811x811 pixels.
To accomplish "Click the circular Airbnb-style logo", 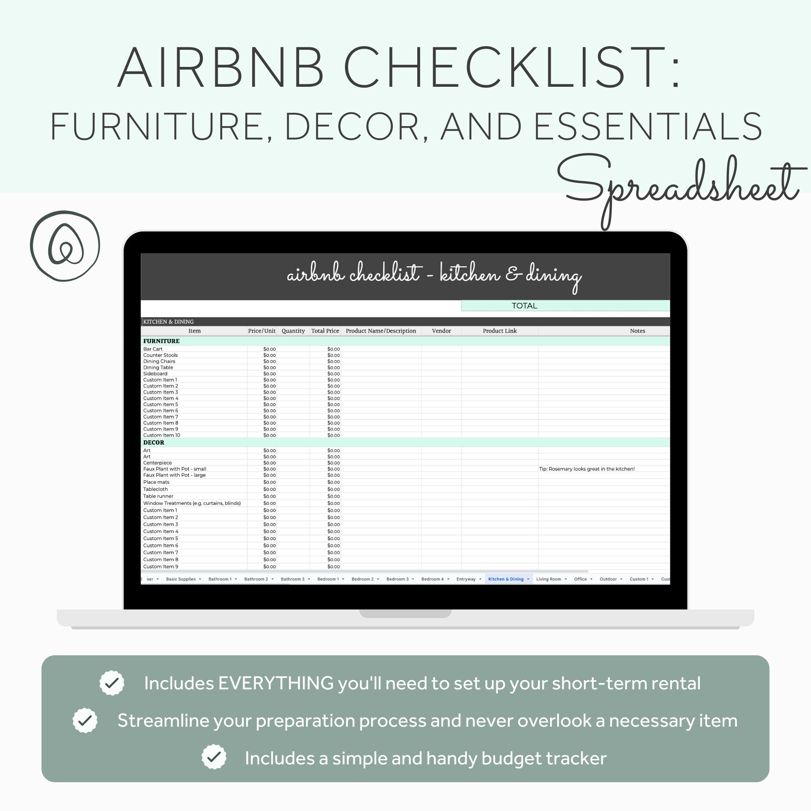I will tap(65, 246).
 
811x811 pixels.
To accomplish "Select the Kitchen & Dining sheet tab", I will tap(506, 579).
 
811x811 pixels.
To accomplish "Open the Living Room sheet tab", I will tap(549, 579).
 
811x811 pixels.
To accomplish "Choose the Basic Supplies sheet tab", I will tap(181, 579).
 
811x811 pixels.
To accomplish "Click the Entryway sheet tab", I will tap(466, 579).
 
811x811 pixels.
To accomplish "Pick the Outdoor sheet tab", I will tap(608, 579).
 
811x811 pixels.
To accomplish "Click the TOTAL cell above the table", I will tap(524, 306).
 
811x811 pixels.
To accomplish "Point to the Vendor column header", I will tap(441, 331).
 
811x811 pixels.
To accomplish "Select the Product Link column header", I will tap(500, 331).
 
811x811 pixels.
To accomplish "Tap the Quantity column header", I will tap(293, 331).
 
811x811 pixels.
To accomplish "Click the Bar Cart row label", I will tap(153, 349).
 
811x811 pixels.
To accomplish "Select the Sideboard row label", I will tap(155, 374).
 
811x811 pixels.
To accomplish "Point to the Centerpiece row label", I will tap(157, 463).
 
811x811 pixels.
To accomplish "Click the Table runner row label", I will tap(158, 497).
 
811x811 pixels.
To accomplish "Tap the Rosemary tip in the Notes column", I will tap(587, 469).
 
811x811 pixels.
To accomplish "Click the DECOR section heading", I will tap(154, 443).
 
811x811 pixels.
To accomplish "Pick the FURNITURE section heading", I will tap(162, 341).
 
